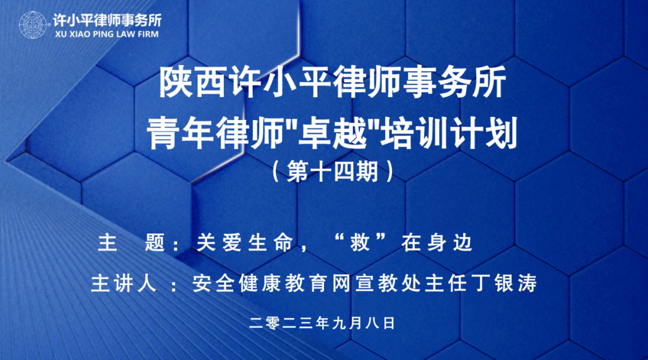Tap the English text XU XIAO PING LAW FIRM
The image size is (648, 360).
click(x=106, y=35)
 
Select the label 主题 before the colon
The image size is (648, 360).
click(x=132, y=243)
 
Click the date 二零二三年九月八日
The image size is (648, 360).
click(x=323, y=323)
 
